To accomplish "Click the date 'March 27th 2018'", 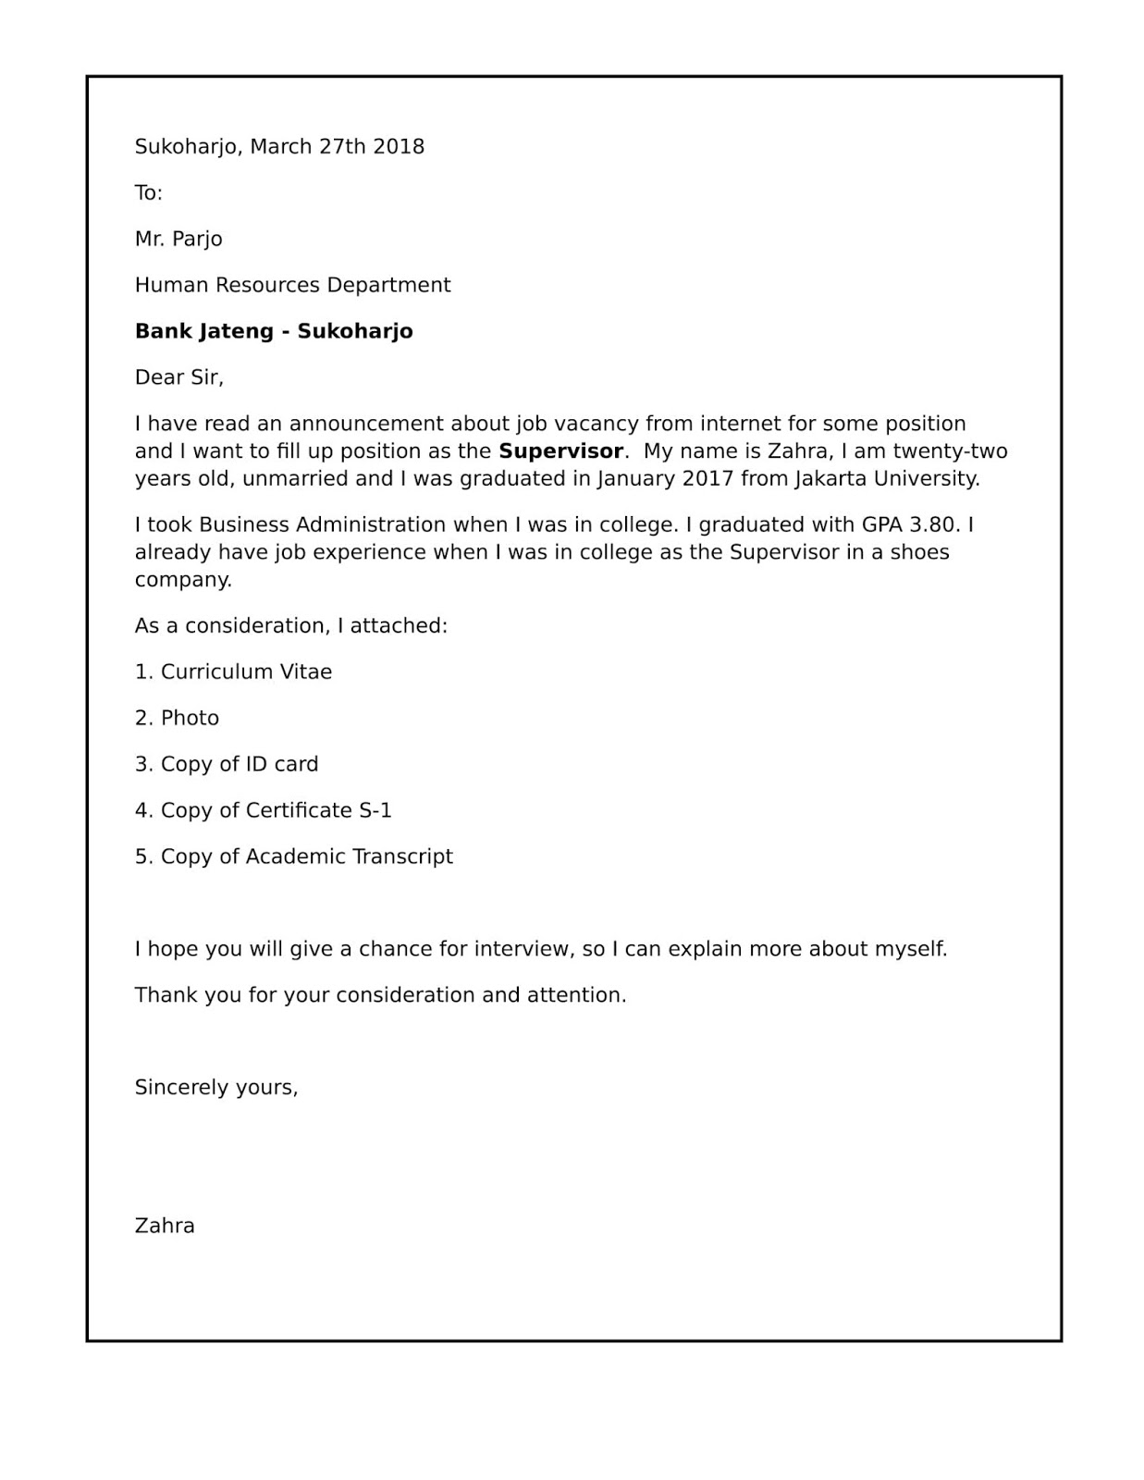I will (x=338, y=146).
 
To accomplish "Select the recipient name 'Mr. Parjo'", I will (x=178, y=239).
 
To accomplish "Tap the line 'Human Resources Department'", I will (x=292, y=285).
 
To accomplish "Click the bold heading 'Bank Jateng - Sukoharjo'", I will (x=274, y=331).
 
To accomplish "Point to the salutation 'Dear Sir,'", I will (x=179, y=377).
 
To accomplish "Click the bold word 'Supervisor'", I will (x=560, y=451).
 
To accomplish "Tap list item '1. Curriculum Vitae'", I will (x=233, y=672).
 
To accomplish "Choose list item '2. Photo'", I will (x=177, y=718).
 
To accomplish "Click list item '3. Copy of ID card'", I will (x=227, y=764).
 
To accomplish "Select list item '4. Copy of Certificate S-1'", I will (x=264, y=810).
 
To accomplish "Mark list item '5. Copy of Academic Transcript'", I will (x=294, y=857).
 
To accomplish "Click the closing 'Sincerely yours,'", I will (x=216, y=1087).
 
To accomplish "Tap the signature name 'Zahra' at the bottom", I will (x=165, y=1226).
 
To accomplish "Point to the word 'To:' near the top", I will (x=148, y=192).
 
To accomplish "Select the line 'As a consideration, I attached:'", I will (x=291, y=626).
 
